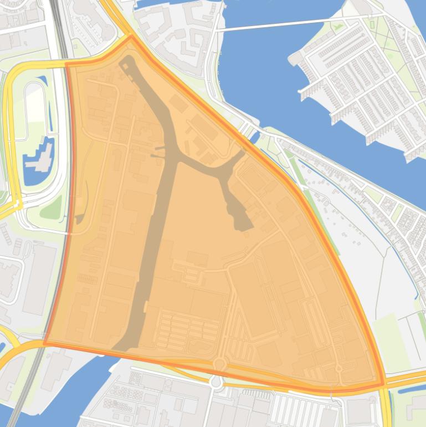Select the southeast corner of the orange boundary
(383, 384)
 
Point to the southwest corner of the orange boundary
(45, 343)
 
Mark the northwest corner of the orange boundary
(66, 64)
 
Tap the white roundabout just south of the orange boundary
(216, 382)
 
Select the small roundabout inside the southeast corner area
(338, 368)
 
